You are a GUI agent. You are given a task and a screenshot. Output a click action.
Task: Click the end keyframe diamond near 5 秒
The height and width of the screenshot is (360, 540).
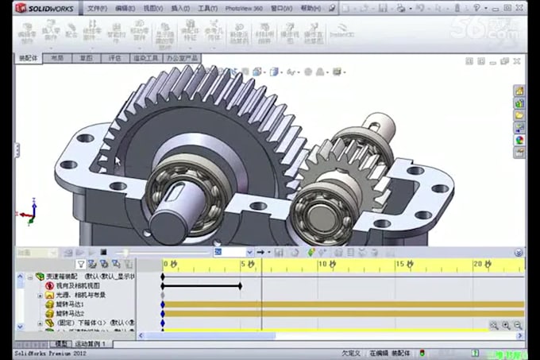pos(241,285)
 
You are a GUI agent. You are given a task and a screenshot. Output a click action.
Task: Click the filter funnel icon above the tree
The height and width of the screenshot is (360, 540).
pos(81,263)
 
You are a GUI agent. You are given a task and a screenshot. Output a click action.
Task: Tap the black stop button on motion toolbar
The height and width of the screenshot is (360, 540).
pos(102,252)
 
